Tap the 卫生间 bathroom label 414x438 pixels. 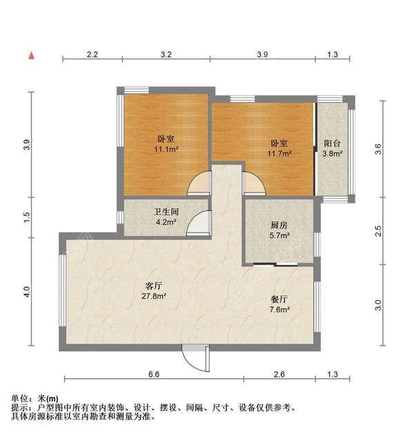click(x=166, y=212)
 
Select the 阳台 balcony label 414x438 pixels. click(x=333, y=143)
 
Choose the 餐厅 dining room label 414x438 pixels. click(x=279, y=299)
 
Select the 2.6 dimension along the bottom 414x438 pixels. click(x=279, y=374)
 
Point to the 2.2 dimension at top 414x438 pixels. click(x=93, y=54)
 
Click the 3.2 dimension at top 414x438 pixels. click(x=166, y=54)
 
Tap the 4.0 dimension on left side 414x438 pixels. click(x=27, y=292)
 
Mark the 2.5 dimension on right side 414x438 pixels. click(x=377, y=231)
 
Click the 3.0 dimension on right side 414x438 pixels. click(x=377, y=304)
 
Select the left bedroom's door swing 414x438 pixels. click(x=199, y=184)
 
